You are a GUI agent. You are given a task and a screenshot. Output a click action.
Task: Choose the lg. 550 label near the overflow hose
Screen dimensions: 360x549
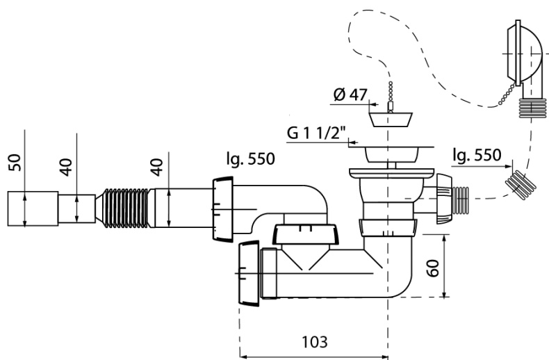point(476,155)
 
